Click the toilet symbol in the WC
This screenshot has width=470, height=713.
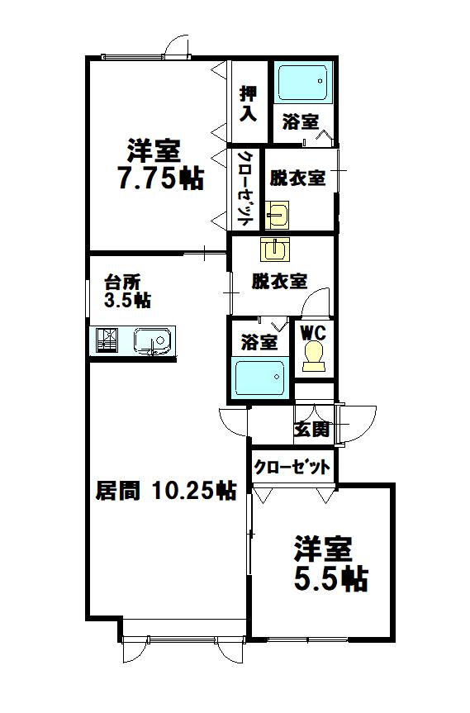coord(314,356)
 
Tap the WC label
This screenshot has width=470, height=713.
coord(314,333)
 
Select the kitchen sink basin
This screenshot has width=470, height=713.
coord(152,341)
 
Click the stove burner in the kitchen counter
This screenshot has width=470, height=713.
coord(107,340)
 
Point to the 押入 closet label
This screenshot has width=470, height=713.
coord(248,103)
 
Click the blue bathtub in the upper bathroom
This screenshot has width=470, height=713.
coord(302,83)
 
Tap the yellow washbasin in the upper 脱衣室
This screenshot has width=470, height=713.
coord(277,214)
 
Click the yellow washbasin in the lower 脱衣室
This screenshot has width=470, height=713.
coord(275,250)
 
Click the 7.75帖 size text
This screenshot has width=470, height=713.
coord(160,178)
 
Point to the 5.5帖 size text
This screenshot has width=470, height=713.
coord(331,579)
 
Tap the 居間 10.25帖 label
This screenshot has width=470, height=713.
coord(166,490)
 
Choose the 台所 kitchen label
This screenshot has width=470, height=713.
coord(122,283)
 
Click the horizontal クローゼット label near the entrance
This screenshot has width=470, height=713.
coord(292,467)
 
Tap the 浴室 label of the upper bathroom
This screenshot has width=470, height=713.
coord(301,121)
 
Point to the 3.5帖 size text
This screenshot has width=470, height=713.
coord(127,301)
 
